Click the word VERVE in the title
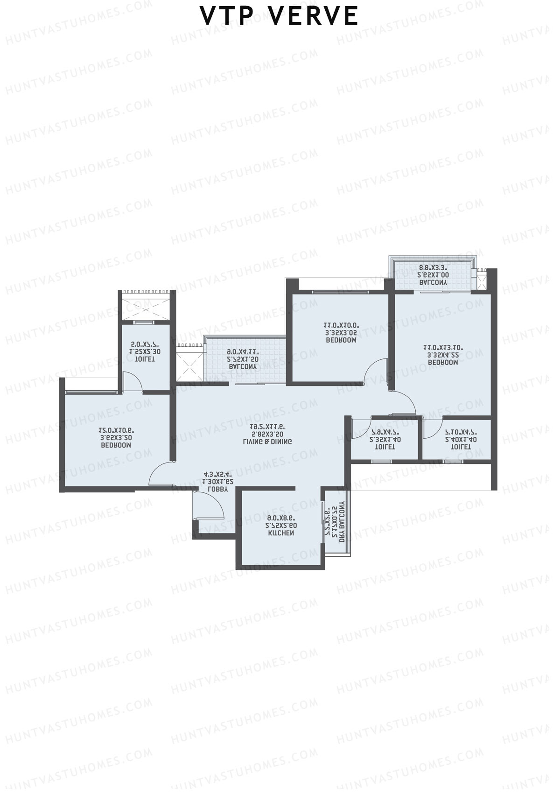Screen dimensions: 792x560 coord(313,17)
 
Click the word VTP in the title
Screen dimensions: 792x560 coord(227,17)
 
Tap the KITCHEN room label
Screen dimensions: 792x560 coord(280,533)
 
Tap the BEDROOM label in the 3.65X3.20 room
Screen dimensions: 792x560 coord(116,445)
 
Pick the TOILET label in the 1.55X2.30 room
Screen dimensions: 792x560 coord(145,359)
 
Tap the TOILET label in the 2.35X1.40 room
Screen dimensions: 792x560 coord(385,447)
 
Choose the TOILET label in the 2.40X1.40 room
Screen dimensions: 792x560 coord(461,447)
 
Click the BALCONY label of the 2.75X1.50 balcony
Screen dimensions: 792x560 coord(243,367)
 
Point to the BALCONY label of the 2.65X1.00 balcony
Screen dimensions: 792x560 coord(433,283)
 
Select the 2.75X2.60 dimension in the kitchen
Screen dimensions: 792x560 coord(281,526)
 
